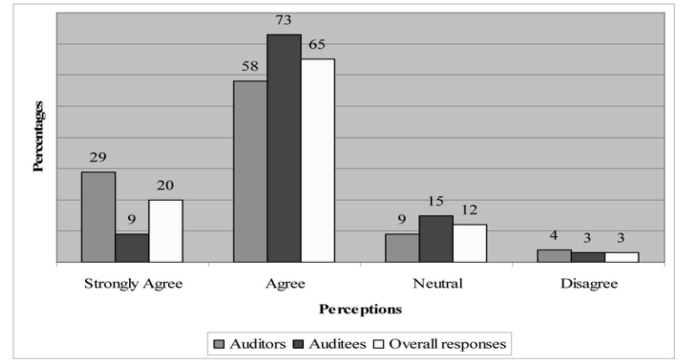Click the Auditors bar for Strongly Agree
pyautogui.click(x=98, y=217)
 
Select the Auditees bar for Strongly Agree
pyautogui.click(x=132, y=248)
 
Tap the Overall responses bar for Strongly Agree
pyautogui.click(x=165, y=231)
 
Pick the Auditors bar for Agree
pyautogui.click(x=250, y=172)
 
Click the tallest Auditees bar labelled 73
pyautogui.click(x=284, y=148)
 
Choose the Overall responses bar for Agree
pyautogui.click(x=318, y=161)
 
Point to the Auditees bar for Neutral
pyautogui.click(x=436, y=239)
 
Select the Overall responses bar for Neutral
pyautogui.click(x=470, y=243)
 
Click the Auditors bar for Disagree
pyautogui.click(x=554, y=256)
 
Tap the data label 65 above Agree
pyautogui.click(x=317, y=45)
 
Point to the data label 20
pyautogui.click(x=165, y=185)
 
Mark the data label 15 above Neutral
pyautogui.click(x=435, y=201)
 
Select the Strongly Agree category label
pyautogui.click(x=133, y=284)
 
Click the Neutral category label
pyautogui.click(x=437, y=284)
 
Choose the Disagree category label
pyautogui.click(x=589, y=284)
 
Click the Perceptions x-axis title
pyautogui.click(x=360, y=309)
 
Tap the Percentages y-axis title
pyautogui.click(x=39, y=136)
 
